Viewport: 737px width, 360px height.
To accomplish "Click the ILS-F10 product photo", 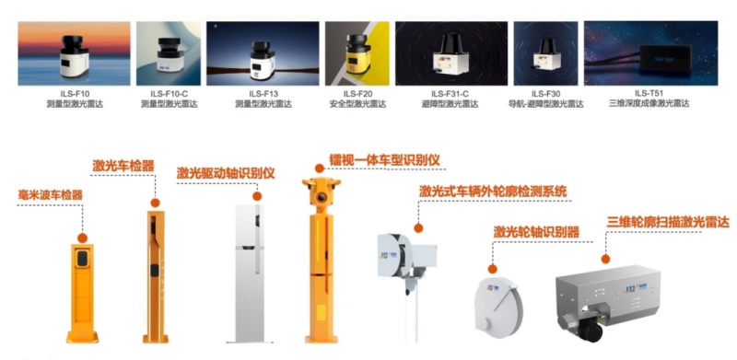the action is [74, 53].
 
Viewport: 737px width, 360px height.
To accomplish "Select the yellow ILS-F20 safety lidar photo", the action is [357, 53].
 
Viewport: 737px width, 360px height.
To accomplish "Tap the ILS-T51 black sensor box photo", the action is [651, 53].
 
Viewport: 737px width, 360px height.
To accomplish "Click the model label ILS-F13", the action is [263, 95].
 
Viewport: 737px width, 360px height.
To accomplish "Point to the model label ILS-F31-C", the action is [451, 95].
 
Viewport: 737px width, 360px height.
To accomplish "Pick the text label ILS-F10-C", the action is [170, 95].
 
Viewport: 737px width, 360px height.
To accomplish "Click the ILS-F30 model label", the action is [545, 95].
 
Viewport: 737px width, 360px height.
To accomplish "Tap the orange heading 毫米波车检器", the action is [51, 195].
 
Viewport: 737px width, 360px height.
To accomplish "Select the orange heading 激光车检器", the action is [123, 166].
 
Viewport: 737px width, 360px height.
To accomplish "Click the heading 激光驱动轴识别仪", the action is [226, 173].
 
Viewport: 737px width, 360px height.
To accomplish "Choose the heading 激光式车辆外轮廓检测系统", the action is [493, 192].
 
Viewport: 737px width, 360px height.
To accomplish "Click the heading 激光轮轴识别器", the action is [536, 232].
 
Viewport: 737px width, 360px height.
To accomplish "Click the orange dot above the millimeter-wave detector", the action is [83, 238].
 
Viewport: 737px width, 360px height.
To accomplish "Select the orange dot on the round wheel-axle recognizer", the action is [492, 269].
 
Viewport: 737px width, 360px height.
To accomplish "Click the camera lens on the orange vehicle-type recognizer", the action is [321, 197].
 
